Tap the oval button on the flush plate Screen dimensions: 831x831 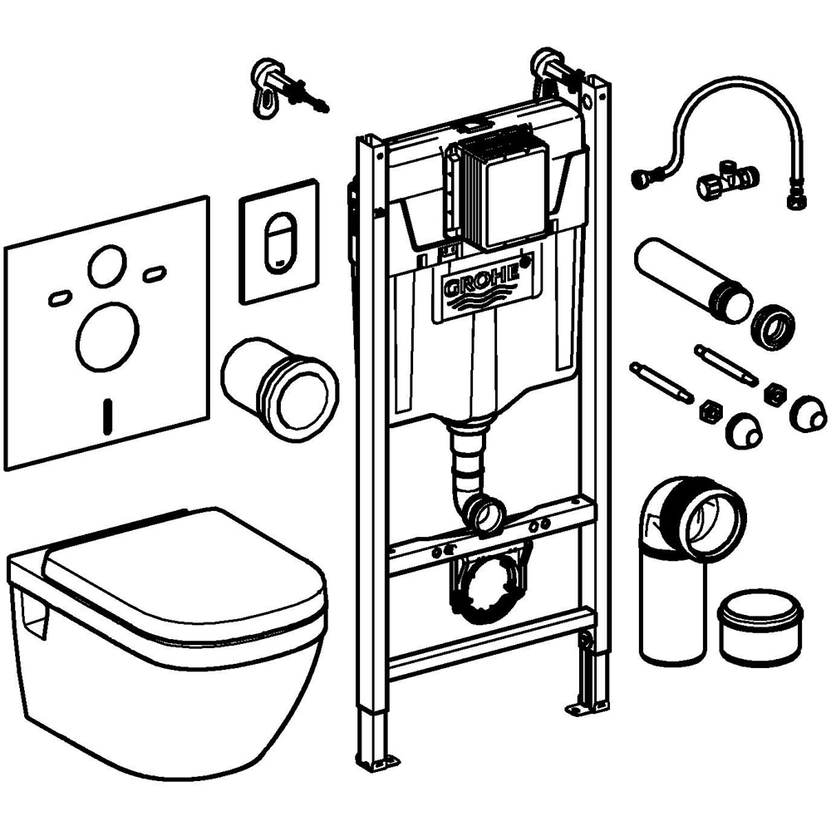(x=279, y=240)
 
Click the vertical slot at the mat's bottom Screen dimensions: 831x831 (x=106, y=416)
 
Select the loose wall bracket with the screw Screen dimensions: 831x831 (x=278, y=87)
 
